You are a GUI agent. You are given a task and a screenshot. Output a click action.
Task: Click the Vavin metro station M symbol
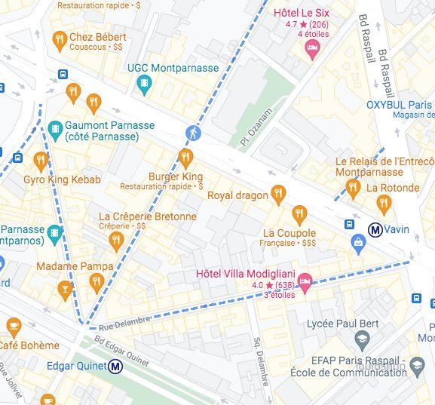click(x=374, y=229)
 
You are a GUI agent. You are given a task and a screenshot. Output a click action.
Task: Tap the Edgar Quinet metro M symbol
click(x=115, y=367)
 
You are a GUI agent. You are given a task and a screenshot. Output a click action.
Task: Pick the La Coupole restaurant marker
click(x=300, y=216)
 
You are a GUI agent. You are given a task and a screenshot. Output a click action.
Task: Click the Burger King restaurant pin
click(x=185, y=158)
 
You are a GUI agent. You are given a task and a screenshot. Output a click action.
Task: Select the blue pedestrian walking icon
click(x=193, y=133)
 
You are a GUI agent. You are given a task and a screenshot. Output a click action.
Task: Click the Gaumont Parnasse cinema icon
click(x=54, y=130)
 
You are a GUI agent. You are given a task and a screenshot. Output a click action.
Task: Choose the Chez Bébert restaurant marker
click(x=60, y=38)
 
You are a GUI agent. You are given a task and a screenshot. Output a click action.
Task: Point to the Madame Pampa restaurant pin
click(x=95, y=283)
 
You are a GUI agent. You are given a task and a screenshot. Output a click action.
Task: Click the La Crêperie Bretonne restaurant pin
click(x=115, y=241)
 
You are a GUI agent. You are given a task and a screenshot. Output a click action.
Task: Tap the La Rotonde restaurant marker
click(x=384, y=204)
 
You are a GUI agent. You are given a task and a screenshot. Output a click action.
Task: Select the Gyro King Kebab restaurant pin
click(x=41, y=161)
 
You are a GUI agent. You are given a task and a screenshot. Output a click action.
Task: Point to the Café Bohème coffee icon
click(x=14, y=327)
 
